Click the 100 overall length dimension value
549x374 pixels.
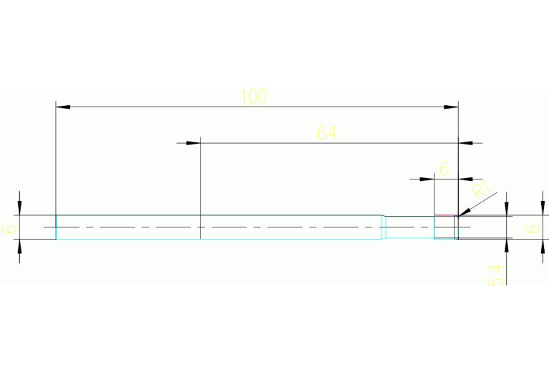(x=253, y=97)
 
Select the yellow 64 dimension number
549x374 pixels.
(x=326, y=132)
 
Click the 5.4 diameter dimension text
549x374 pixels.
(x=497, y=275)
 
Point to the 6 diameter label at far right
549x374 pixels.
(x=533, y=229)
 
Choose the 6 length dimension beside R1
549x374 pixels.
(x=444, y=169)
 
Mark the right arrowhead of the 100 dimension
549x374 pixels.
(x=451, y=107)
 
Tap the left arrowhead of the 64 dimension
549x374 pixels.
(x=193, y=143)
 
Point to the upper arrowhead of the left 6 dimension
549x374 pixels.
(x=19, y=208)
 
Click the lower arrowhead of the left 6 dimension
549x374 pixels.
(x=19, y=245)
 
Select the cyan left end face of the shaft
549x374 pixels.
(x=56, y=227)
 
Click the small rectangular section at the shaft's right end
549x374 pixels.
(x=444, y=227)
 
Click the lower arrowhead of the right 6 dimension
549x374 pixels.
(x=507, y=245)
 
